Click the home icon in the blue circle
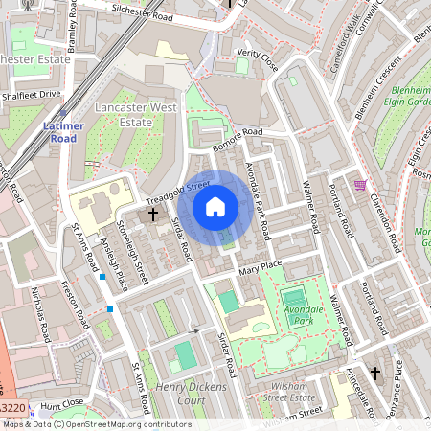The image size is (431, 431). (x=215, y=206)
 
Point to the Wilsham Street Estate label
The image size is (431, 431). (x=288, y=391)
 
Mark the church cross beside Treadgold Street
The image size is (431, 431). (x=153, y=215)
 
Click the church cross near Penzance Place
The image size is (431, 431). (x=375, y=372)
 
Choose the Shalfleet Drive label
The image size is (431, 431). (x=31, y=95)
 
